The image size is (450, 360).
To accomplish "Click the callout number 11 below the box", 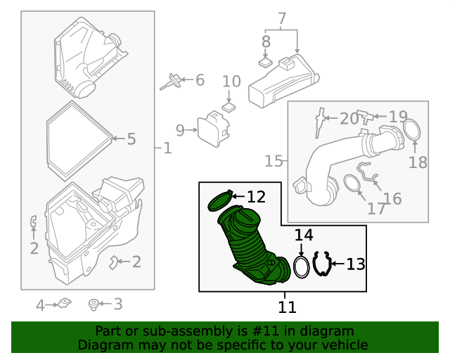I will coord(287,307).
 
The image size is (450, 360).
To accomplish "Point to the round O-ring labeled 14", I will coord(301,267).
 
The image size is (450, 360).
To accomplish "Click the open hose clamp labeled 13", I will coord(322,264).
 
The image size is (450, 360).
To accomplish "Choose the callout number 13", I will coord(356,264).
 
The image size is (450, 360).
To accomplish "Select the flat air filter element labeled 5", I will coord(77,139).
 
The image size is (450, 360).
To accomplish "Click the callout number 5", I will coord(131,139).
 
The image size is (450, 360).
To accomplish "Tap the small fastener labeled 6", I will coord(170,82).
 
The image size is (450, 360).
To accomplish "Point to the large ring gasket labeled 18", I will coord(413,130).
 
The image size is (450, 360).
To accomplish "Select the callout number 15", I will coord(274,162).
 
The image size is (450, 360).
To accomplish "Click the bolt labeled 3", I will coord(93,304).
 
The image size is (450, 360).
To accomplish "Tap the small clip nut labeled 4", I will coord(65,304).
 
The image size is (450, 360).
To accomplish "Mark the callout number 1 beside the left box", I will coord(167,148).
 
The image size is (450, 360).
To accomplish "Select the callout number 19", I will coord(398,117).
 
